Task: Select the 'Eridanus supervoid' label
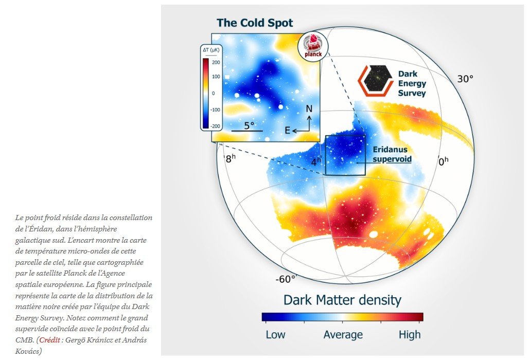tap(392, 154)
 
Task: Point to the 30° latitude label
tap(465, 79)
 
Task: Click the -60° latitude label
tap(286, 279)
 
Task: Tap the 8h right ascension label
tap(231, 158)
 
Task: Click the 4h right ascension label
tap(316, 161)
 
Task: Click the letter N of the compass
tap(309, 109)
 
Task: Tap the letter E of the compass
tap(288, 131)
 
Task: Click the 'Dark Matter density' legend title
tap(342, 300)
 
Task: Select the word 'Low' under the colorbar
tap(275, 335)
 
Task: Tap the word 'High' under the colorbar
tap(410, 335)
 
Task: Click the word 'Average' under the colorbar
tap(343, 335)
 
